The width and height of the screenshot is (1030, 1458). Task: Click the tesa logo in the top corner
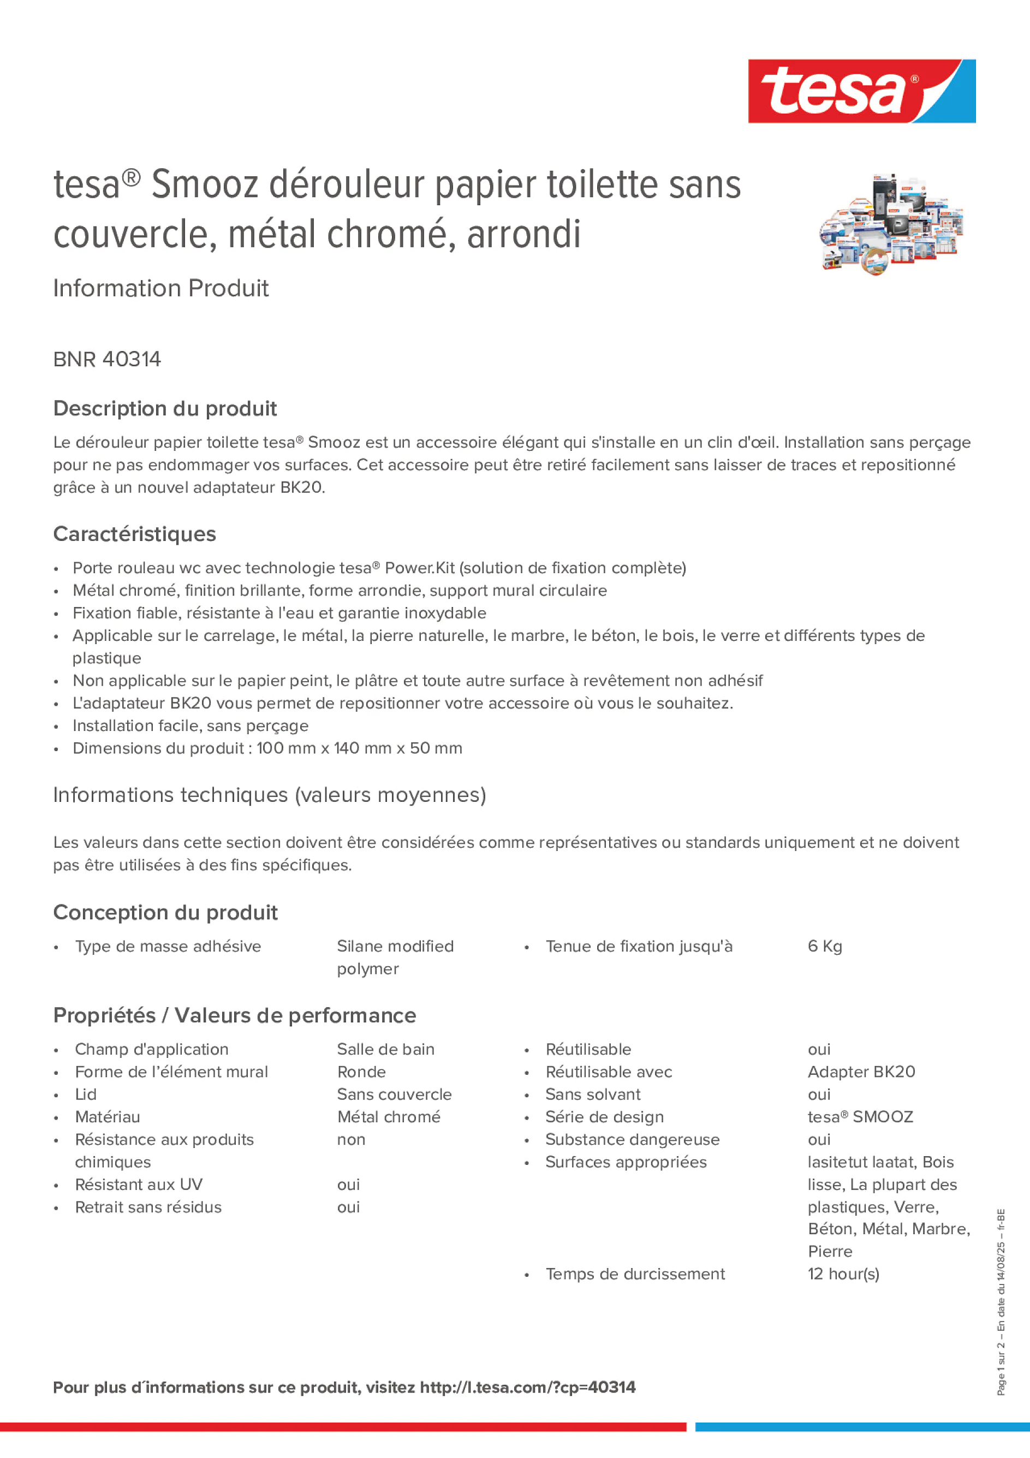pos(861,91)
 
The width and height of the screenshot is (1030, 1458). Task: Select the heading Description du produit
pos(165,408)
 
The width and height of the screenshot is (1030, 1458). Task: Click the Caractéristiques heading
pos(135,534)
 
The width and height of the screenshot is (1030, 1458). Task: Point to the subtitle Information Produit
pos(160,288)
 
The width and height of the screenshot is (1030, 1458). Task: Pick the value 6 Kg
pos(824,946)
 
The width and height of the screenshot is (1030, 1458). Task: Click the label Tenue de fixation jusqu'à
pos(638,946)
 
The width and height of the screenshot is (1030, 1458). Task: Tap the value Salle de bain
pos(385,1049)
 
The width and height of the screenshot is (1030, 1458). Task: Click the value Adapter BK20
pos(861,1072)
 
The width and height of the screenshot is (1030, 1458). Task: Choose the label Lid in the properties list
pos(86,1094)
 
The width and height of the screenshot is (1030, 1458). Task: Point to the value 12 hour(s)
pos(843,1274)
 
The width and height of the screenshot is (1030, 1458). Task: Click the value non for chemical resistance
pos(351,1139)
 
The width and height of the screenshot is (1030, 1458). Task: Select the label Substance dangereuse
pos(632,1139)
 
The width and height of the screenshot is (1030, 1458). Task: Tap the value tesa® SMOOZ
pos(860,1117)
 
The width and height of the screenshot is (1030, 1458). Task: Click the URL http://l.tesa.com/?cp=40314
pos(527,1388)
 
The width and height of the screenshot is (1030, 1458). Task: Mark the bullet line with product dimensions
pos(267,748)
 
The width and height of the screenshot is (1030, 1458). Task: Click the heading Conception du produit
pos(165,913)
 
